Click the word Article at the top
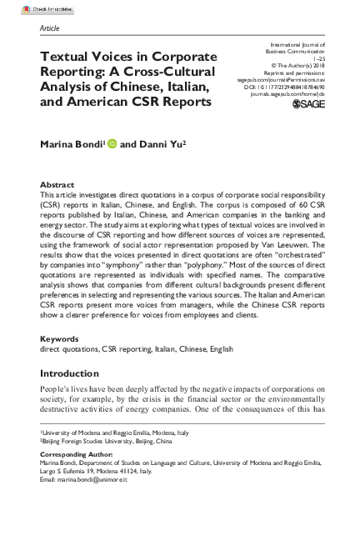pos(51,28)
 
